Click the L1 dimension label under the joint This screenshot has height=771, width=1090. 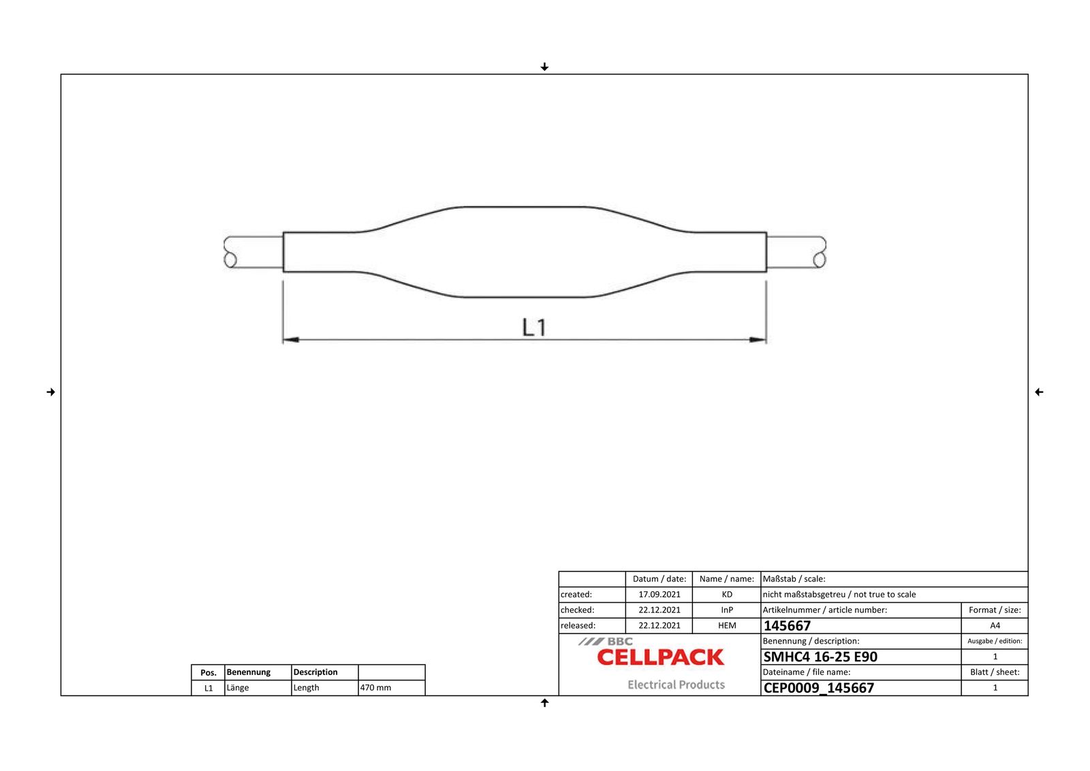pos(534,328)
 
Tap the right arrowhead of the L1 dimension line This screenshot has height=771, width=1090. pos(758,339)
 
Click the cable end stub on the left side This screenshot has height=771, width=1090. pos(253,252)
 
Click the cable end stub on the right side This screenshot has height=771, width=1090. pos(796,252)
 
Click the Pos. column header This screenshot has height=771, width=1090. pos(208,673)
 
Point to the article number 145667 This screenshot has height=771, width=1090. pos(787,626)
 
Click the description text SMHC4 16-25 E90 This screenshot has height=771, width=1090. pos(820,657)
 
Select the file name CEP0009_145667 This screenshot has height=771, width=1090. pos(818,688)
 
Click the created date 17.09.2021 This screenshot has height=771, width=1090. pos(659,595)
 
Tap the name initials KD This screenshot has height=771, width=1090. pos(727,595)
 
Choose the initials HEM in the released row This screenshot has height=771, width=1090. pos(727,626)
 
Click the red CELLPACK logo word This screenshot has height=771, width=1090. pos(660,658)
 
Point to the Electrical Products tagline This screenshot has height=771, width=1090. pos(676,685)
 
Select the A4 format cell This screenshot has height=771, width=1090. pos(995,626)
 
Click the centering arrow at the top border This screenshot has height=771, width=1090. pos(544,67)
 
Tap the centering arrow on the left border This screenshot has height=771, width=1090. pos(50,392)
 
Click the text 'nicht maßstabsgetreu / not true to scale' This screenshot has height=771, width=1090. pos(839,595)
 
